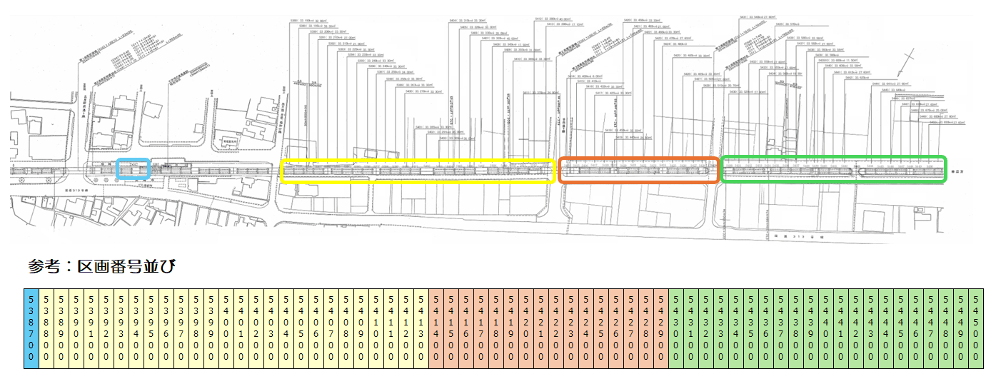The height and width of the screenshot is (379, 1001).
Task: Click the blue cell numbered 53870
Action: [x=31, y=328]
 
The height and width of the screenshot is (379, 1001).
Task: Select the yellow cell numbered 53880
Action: [x=46, y=328]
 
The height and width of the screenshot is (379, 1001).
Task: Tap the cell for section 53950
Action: [x=151, y=328]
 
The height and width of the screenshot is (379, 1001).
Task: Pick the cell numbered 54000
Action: [x=226, y=328]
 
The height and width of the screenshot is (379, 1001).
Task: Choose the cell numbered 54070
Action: [x=331, y=328]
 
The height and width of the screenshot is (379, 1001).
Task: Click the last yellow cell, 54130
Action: [x=421, y=328]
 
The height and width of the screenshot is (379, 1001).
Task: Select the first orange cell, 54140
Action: [x=436, y=328]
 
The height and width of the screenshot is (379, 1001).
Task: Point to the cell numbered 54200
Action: [x=526, y=328]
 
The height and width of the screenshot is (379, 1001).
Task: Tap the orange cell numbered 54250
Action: [x=601, y=328]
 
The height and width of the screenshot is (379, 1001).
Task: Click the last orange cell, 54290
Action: [x=661, y=328]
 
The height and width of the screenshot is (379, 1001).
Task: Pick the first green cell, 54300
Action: [x=676, y=328]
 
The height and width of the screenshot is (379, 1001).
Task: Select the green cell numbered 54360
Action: [x=766, y=328]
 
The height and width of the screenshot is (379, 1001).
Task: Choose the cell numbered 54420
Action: [x=856, y=328]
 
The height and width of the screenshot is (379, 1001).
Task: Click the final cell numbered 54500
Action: [x=976, y=328]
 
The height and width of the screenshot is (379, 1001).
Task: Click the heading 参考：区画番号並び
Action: [x=102, y=266]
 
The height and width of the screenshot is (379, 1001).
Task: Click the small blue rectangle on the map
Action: [x=132, y=170]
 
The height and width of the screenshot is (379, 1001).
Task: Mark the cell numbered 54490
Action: [x=961, y=328]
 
